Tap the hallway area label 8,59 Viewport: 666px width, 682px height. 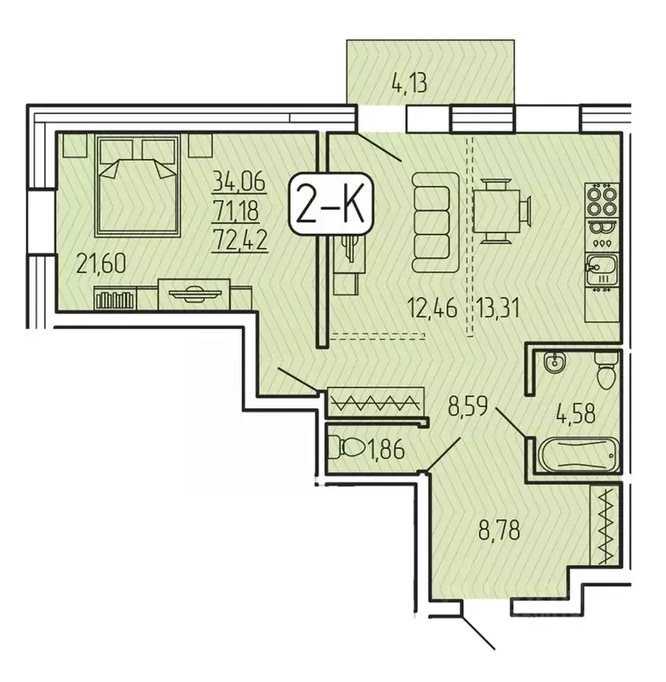click(469, 412)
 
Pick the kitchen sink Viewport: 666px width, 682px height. click(600, 266)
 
